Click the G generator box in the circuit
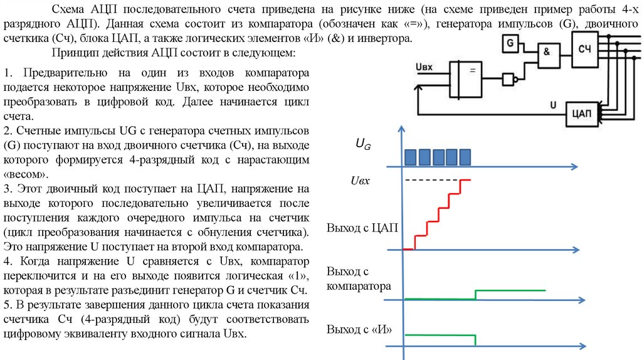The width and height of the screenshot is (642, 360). click(x=510, y=44)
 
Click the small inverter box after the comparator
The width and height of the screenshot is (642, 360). click(x=508, y=80)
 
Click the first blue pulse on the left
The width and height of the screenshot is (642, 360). click(x=411, y=157)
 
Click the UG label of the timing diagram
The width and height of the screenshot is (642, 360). click(x=363, y=144)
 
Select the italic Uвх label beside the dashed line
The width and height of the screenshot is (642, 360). click(x=360, y=181)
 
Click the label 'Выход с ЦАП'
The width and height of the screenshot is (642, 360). click(x=362, y=227)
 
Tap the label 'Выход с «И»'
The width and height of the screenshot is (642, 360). click(x=359, y=330)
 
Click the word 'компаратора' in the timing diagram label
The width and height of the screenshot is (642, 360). click(x=359, y=286)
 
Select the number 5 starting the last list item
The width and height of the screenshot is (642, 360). click(x=6, y=305)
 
